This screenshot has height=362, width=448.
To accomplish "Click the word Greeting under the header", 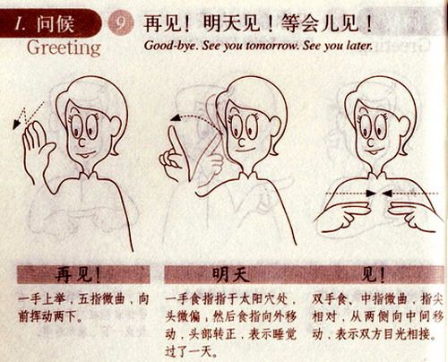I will click(x=63, y=47).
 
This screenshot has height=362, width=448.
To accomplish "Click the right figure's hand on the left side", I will click(x=337, y=215).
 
